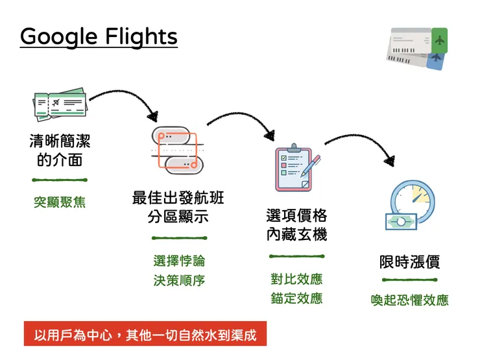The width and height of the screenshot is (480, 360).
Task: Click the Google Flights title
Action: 99,36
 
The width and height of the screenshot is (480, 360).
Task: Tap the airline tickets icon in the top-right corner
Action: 418,48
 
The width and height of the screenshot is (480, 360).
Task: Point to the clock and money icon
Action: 409,206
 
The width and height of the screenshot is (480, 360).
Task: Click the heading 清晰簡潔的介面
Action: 59,150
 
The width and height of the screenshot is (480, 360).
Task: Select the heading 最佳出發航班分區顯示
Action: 178,207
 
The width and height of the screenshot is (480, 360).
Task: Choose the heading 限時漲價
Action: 409,262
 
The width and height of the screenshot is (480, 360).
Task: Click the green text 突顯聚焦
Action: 59,203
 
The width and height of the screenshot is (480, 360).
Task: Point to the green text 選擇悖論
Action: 179,261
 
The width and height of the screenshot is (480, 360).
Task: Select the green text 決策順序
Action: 179,281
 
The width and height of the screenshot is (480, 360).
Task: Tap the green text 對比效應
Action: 296,280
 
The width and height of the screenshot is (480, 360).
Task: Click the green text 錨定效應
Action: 296,298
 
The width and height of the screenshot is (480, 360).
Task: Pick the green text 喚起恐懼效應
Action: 409,300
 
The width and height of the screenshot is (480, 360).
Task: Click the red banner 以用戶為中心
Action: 145,335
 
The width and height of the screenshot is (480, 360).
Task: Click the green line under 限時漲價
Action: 409,280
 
